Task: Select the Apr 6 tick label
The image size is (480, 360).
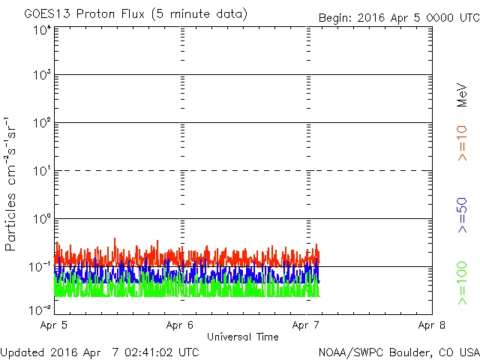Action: (181, 325)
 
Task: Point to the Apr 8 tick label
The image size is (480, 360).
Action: (431, 325)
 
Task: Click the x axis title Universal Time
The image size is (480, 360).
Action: (243, 337)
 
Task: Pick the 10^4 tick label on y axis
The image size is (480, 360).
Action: (41, 31)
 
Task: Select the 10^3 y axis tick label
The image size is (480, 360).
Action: (41, 76)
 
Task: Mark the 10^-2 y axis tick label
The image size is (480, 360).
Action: (40, 309)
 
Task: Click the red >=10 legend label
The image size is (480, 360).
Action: (462, 142)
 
